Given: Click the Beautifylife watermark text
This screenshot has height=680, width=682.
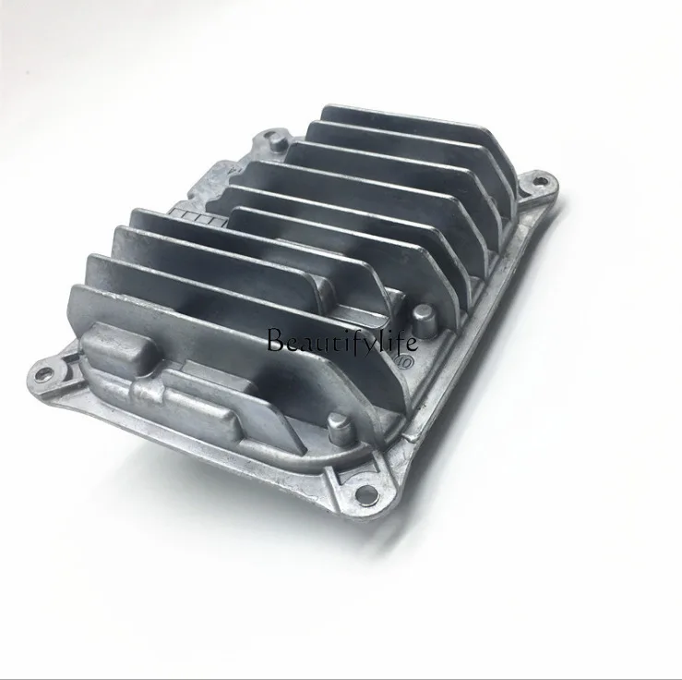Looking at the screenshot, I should tap(341, 343).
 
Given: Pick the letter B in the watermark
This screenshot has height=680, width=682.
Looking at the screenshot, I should tap(274, 342).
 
